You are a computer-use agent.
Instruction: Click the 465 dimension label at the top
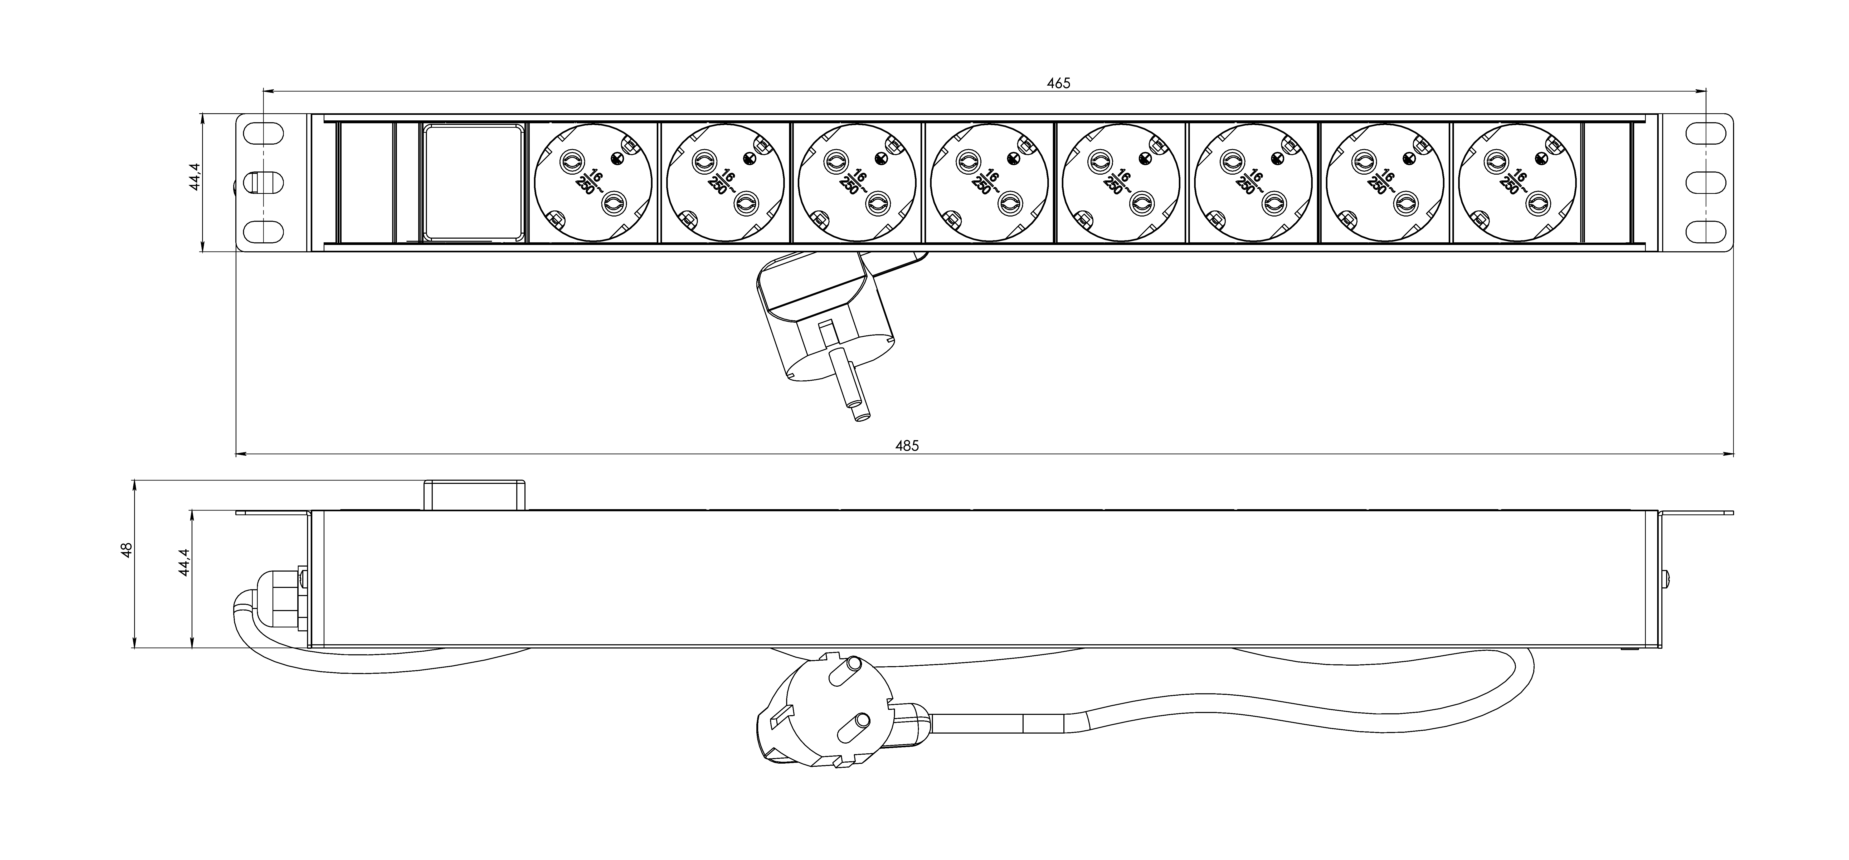click(1058, 83)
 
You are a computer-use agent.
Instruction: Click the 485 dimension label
click(907, 445)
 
